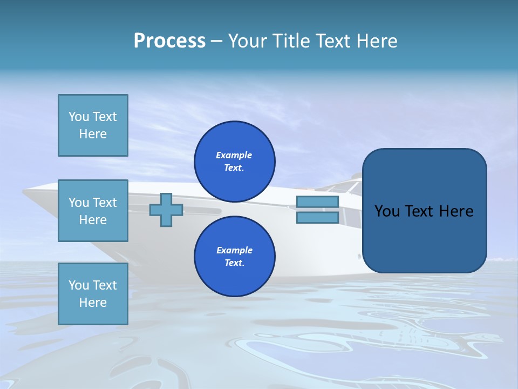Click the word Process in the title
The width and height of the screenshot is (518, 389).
tap(169, 41)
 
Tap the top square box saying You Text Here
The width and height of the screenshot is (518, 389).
tap(93, 125)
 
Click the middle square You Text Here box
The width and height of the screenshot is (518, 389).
tap(93, 211)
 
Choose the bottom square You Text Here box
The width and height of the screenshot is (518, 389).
tap(93, 294)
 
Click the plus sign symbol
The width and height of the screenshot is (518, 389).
tap(166, 210)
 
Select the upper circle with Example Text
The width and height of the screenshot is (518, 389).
tap(234, 162)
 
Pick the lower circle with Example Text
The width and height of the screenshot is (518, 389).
tap(234, 257)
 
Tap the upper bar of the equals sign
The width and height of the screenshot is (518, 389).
tap(318, 202)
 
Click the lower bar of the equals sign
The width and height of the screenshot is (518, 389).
tap(318, 218)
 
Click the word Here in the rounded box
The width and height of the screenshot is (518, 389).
tap(456, 211)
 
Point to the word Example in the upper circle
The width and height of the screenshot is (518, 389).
tap(234, 155)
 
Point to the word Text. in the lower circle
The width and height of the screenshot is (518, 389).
tap(234, 263)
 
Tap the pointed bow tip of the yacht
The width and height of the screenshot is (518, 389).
tap(25, 191)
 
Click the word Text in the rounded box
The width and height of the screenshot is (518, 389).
tap(419, 211)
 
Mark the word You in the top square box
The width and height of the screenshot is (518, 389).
tap(78, 117)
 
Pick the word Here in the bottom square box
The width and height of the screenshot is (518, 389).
tap(93, 303)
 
